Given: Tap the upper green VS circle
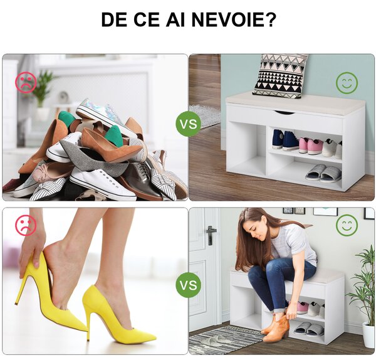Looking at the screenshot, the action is (189, 124).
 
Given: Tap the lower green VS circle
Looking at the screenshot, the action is (189, 285).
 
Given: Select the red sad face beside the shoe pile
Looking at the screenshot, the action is (26, 82).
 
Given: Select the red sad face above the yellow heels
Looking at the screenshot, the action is (26, 225).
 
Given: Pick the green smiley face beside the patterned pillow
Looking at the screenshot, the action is (347, 83).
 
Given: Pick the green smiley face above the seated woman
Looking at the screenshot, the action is (347, 226).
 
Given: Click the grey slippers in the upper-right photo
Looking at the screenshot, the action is (324, 173).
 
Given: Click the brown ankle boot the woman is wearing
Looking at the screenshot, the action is (276, 328).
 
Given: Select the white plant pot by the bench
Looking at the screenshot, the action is (368, 335).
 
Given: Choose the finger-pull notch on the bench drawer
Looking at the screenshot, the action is (284, 112).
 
